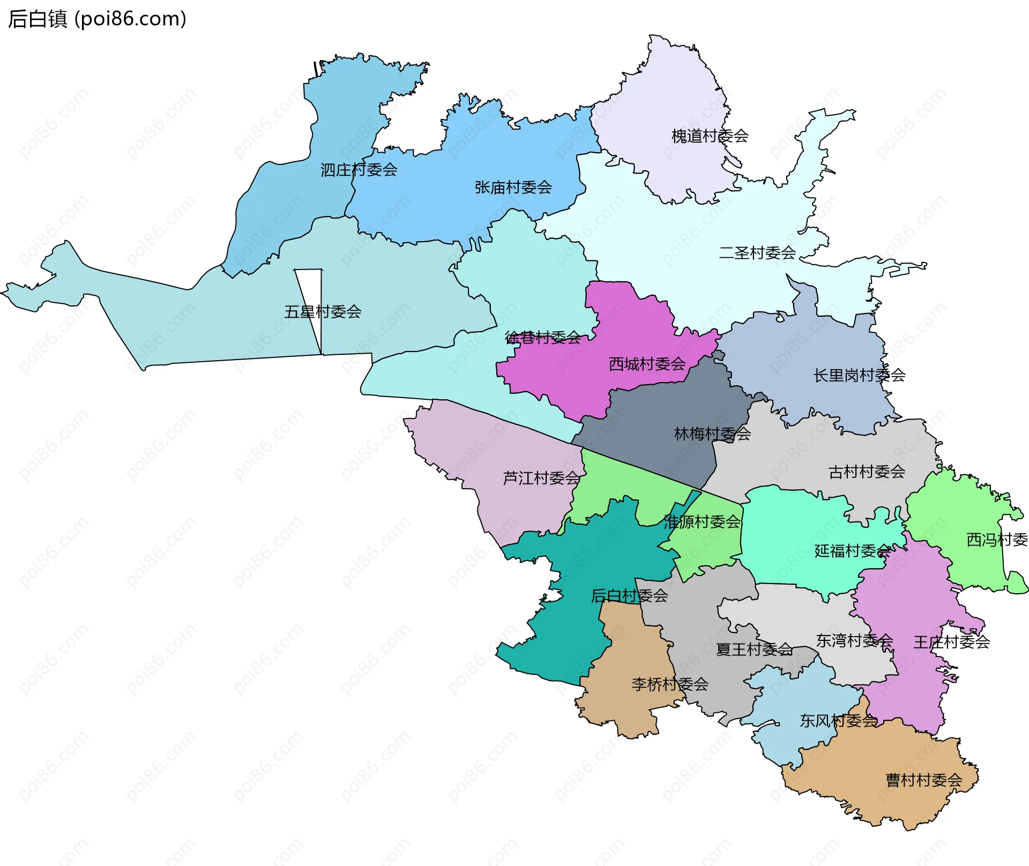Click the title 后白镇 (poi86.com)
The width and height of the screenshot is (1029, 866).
(97, 19)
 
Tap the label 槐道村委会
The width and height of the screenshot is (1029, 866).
(710, 136)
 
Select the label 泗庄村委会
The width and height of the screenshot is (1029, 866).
(359, 170)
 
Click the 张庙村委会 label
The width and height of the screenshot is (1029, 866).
(513, 187)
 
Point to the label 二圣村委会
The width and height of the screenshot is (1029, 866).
(757, 252)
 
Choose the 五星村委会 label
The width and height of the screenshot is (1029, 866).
(323, 311)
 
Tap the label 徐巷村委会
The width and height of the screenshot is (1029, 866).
(543, 337)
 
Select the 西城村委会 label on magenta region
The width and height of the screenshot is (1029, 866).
(647, 364)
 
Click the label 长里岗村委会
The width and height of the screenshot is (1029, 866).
(859, 375)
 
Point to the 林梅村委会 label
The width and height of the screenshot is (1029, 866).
(712, 434)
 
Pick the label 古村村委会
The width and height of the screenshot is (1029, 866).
(867, 472)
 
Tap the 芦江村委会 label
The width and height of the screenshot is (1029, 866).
(541, 478)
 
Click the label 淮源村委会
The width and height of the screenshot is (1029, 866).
(702, 521)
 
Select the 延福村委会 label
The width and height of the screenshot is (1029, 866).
(852, 550)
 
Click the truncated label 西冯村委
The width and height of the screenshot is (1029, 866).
(996, 540)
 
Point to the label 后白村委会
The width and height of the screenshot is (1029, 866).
(629, 595)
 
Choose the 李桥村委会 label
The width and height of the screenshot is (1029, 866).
(670, 684)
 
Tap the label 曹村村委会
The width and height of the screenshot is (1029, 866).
(924, 780)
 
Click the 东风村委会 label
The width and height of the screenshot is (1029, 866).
(838, 721)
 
